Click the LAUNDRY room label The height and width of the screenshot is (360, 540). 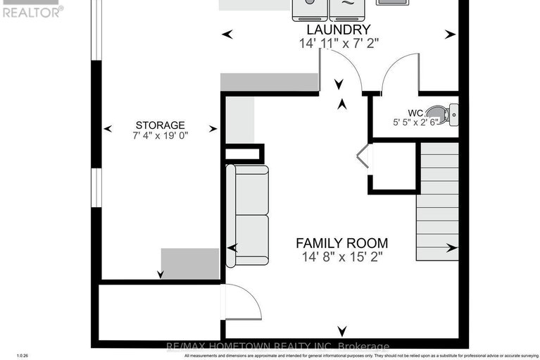(338, 30)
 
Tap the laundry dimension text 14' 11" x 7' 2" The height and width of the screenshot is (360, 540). (338, 43)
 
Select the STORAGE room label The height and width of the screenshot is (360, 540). (161, 125)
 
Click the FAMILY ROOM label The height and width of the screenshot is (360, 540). (341, 243)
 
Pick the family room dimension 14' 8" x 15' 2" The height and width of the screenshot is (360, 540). (341, 257)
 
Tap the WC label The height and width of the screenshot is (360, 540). (415, 112)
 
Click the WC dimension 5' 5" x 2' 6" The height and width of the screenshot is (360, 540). (415, 122)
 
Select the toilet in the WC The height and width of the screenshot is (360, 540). (443, 113)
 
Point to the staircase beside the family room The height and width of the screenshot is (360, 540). (437, 201)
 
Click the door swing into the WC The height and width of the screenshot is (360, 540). (398, 76)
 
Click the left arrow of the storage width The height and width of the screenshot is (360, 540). (108, 129)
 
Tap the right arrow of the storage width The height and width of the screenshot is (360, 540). (213, 129)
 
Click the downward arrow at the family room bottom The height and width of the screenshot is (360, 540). (342, 331)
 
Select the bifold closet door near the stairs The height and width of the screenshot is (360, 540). (363, 156)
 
